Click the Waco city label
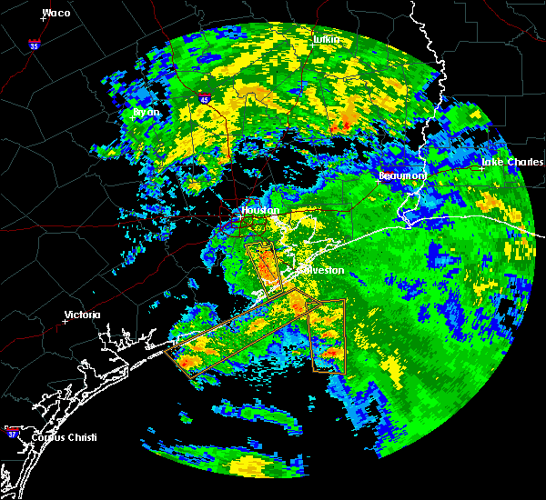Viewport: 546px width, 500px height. [x=56, y=13]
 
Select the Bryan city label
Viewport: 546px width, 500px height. [x=147, y=112]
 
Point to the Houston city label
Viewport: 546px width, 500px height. [x=258, y=209]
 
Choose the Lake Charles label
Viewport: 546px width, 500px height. [x=512, y=162]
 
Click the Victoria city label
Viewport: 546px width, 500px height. [x=82, y=315]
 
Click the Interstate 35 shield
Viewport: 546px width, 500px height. [x=34, y=44]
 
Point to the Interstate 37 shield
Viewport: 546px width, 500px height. [x=12, y=430]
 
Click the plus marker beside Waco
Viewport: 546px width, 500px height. [x=44, y=20]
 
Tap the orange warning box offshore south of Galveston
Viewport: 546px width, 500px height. [x=328, y=336]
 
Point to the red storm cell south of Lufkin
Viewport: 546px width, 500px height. [x=345, y=122]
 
